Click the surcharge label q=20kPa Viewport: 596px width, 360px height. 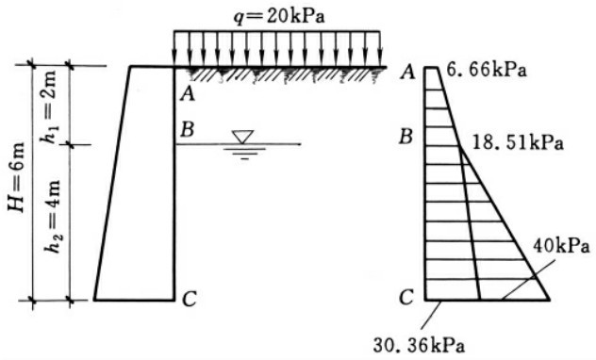[279, 17]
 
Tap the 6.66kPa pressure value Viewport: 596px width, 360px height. [487, 71]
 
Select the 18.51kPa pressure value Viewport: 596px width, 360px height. [518, 143]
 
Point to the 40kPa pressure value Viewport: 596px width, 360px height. [561, 246]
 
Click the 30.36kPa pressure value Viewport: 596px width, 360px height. [419, 345]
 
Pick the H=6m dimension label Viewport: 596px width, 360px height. [17, 177]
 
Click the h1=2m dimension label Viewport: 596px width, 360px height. [49, 107]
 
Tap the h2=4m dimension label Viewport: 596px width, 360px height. [53, 216]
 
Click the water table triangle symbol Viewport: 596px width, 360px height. [242, 137]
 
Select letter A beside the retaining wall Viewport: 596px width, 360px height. [188, 93]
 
